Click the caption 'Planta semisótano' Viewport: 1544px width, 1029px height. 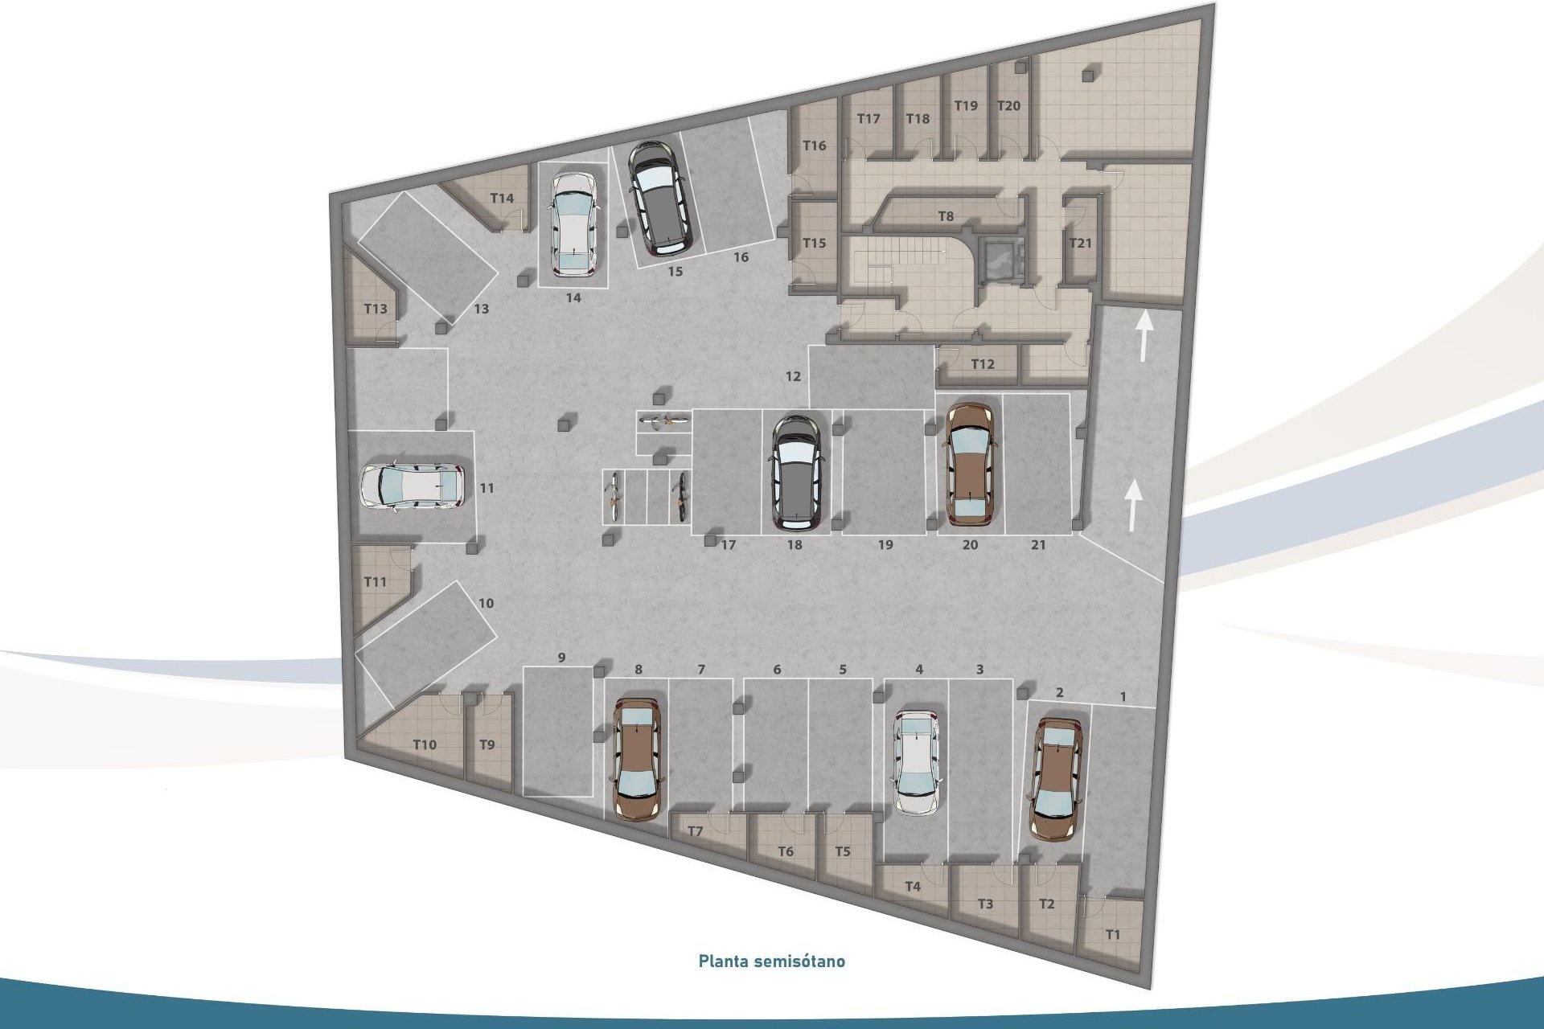click(x=771, y=961)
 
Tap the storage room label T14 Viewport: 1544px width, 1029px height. click(x=502, y=199)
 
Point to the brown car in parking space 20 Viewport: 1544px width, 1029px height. click(x=971, y=464)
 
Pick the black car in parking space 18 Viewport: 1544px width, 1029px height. click(x=796, y=473)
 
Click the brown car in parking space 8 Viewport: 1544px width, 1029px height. click(x=639, y=757)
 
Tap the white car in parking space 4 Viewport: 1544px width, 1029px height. click(x=918, y=761)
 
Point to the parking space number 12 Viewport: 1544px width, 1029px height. click(x=793, y=376)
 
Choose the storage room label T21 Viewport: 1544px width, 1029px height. click(x=1080, y=243)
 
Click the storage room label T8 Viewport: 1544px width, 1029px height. click(x=946, y=216)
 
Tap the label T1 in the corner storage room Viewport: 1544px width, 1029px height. click(x=1112, y=935)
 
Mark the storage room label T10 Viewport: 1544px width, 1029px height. click(x=425, y=745)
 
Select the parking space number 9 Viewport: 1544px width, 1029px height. click(x=561, y=658)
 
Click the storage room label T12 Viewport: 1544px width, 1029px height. click(x=983, y=364)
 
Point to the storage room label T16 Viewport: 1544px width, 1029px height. click(x=815, y=146)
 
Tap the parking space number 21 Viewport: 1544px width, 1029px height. click(x=1038, y=545)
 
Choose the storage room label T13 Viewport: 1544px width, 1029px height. click(x=376, y=309)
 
